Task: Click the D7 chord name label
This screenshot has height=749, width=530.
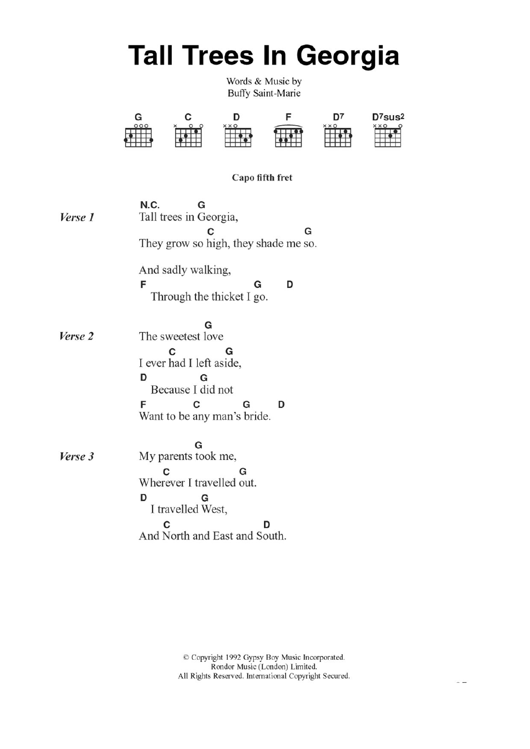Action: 339,117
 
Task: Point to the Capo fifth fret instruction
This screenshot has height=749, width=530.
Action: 262,178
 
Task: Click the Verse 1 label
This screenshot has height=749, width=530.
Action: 77,217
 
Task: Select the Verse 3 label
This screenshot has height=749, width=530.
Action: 77,456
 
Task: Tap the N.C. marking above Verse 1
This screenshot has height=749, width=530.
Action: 150,205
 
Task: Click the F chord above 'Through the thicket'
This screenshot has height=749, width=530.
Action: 143,284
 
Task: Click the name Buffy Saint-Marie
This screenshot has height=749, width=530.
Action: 264,93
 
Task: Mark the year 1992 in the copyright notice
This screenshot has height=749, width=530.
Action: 233,658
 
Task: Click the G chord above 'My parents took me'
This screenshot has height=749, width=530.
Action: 198,445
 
